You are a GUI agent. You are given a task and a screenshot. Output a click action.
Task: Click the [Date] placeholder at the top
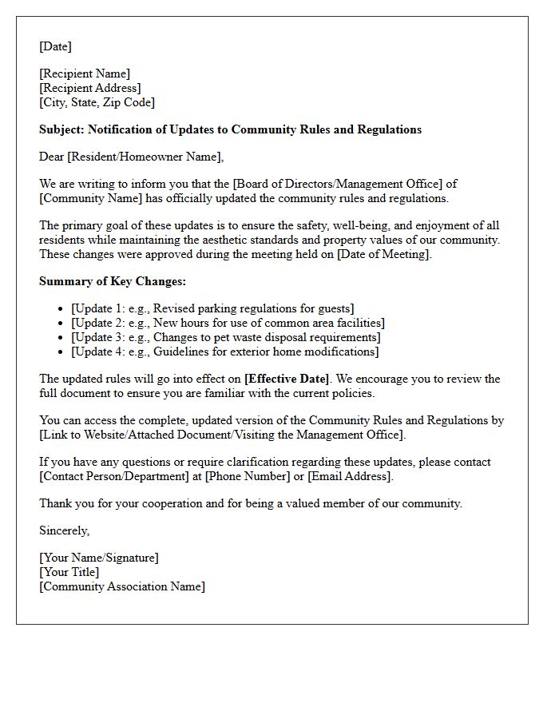pyautogui.click(x=55, y=46)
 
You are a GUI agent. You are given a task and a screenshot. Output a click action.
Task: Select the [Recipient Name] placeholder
pyautogui.click(x=85, y=73)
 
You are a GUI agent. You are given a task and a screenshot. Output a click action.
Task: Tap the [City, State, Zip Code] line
pyautogui.click(x=97, y=102)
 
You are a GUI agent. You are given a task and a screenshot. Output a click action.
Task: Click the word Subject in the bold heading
pyautogui.click(x=61, y=129)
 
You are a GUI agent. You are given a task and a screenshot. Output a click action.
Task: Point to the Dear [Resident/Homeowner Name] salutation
pyautogui.click(x=132, y=157)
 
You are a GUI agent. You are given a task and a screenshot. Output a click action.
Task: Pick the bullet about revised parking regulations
pyautogui.click(x=212, y=308)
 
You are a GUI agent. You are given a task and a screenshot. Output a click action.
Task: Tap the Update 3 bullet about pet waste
pyautogui.click(x=224, y=337)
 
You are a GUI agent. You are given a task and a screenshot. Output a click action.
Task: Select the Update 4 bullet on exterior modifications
pyautogui.click(x=224, y=352)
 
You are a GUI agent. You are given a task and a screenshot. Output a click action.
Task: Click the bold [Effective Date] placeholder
pyautogui.click(x=287, y=379)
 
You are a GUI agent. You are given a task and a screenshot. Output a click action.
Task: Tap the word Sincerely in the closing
pyautogui.click(x=64, y=530)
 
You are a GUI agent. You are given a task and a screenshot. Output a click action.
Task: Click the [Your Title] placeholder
pyautogui.click(x=69, y=572)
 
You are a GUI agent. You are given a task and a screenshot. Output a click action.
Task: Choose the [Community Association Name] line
pyautogui.click(x=121, y=586)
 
